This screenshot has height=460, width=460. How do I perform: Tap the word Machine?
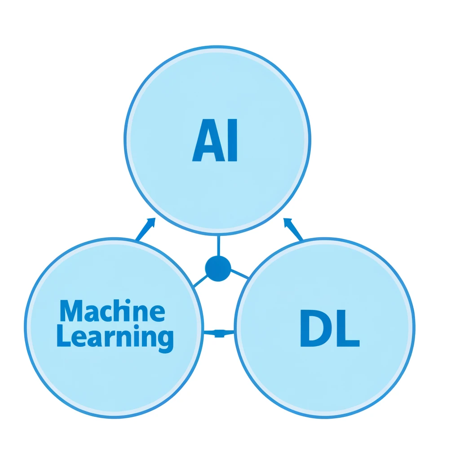(x=112, y=311)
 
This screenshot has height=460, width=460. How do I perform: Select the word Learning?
(x=115, y=337)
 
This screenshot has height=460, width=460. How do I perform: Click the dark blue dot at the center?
(x=218, y=268)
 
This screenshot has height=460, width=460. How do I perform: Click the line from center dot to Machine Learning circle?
(x=200, y=281)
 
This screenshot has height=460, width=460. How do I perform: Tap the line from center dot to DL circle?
(x=239, y=274)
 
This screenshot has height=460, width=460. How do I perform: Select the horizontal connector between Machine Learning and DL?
(x=219, y=333)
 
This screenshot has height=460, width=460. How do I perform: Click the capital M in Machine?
(x=71, y=311)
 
